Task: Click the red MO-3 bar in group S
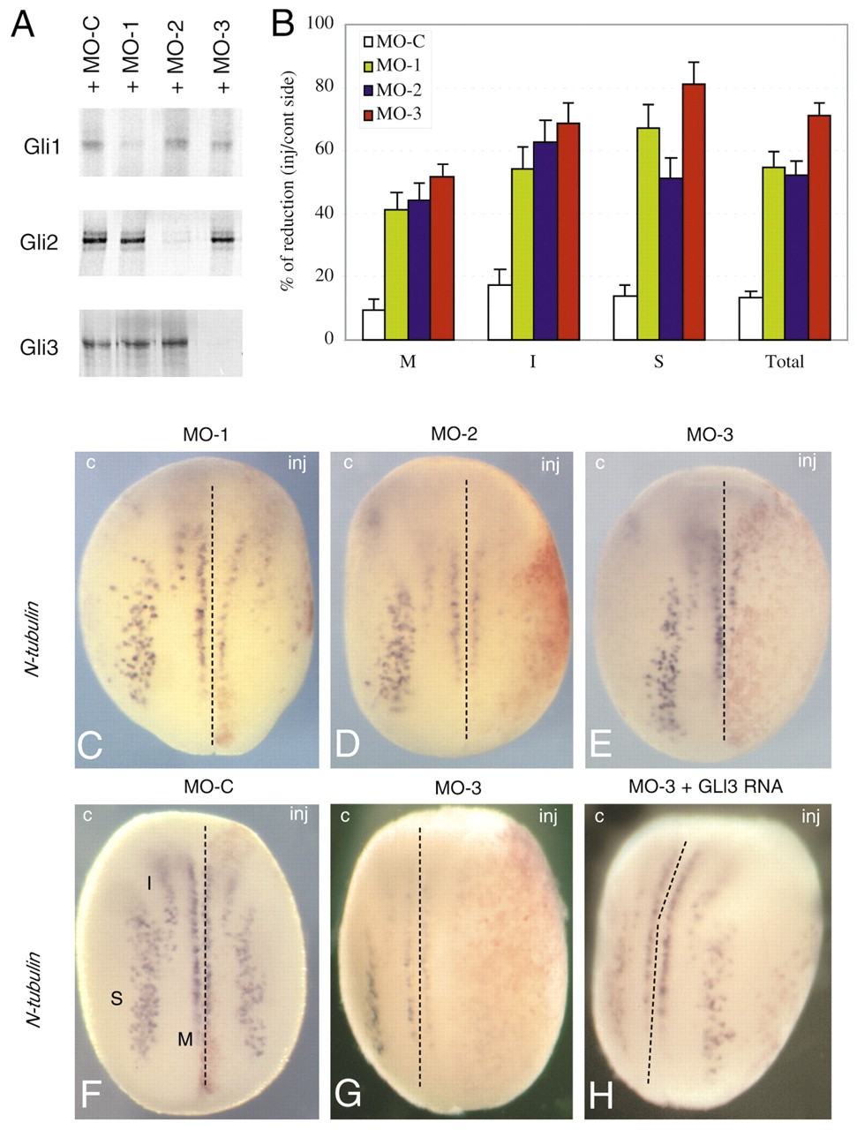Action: click(x=693, y=212)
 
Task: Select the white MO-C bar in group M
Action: click(x=373, y=324)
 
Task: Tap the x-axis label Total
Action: click(x=785, y=361)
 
